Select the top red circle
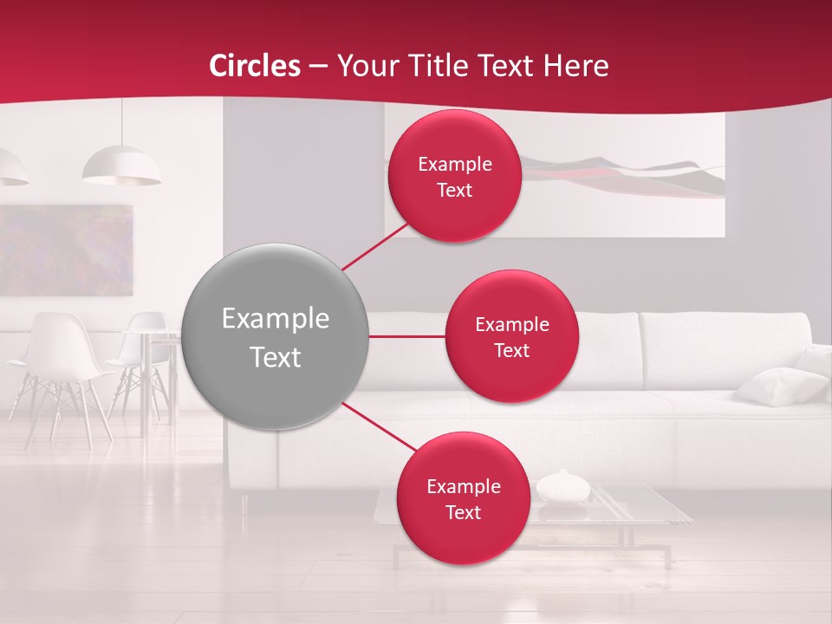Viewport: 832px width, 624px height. pos(454,176)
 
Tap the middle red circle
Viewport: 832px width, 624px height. pos(511,336)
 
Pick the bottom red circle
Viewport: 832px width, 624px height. pos(463,498)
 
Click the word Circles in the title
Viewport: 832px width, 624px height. pos(255,66)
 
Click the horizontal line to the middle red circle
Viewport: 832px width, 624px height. pos(407,336)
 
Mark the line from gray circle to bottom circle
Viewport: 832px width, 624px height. pos(378,426)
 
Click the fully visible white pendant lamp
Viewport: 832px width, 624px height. pos(121,166)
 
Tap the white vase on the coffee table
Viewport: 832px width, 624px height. pos(562,487)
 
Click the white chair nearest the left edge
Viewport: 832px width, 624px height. pos(56,364)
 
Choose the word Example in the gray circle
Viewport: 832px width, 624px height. pos(275,319)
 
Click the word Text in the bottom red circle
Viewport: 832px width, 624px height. pos(463,512)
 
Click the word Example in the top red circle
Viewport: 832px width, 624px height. pos(454,164)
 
